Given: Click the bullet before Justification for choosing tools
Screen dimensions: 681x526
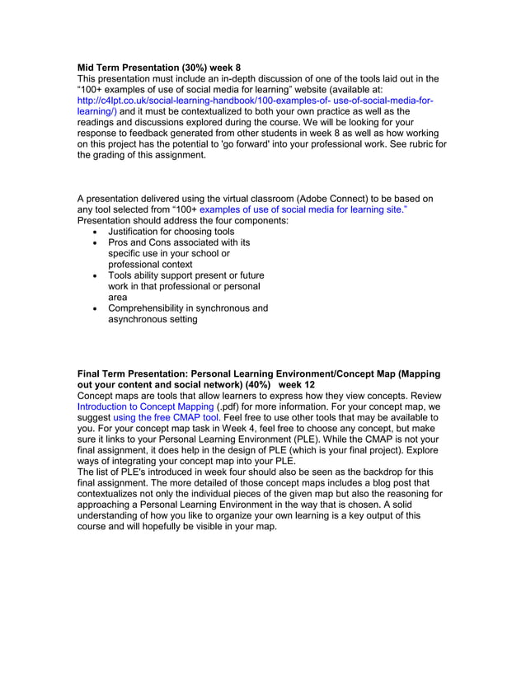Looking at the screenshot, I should click(x=98, y=232).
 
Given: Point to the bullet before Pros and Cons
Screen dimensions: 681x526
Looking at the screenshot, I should click(x=98, y=243).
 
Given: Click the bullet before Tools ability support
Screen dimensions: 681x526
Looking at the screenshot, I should click(x=98, y=276).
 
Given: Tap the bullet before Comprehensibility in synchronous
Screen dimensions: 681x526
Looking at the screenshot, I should click(x=98, y=308).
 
